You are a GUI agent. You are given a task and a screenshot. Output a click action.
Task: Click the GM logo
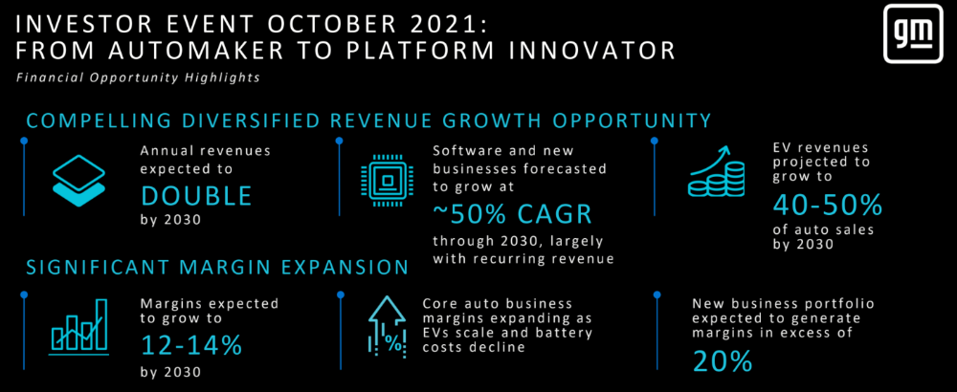click(x=913, y=36)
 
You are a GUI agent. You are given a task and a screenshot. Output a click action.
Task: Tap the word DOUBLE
click(x=196, y=196)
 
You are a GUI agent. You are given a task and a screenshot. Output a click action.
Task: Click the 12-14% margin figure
click(x=191, y=346)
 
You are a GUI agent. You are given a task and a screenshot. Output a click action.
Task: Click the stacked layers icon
click(x=79, y=181)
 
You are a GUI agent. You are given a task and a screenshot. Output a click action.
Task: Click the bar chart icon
click(x=79, y=327)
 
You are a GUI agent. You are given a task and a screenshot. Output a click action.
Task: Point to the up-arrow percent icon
click(x=387, y=327)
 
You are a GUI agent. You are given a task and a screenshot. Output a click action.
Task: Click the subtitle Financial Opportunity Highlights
click(x=138, y=78)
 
